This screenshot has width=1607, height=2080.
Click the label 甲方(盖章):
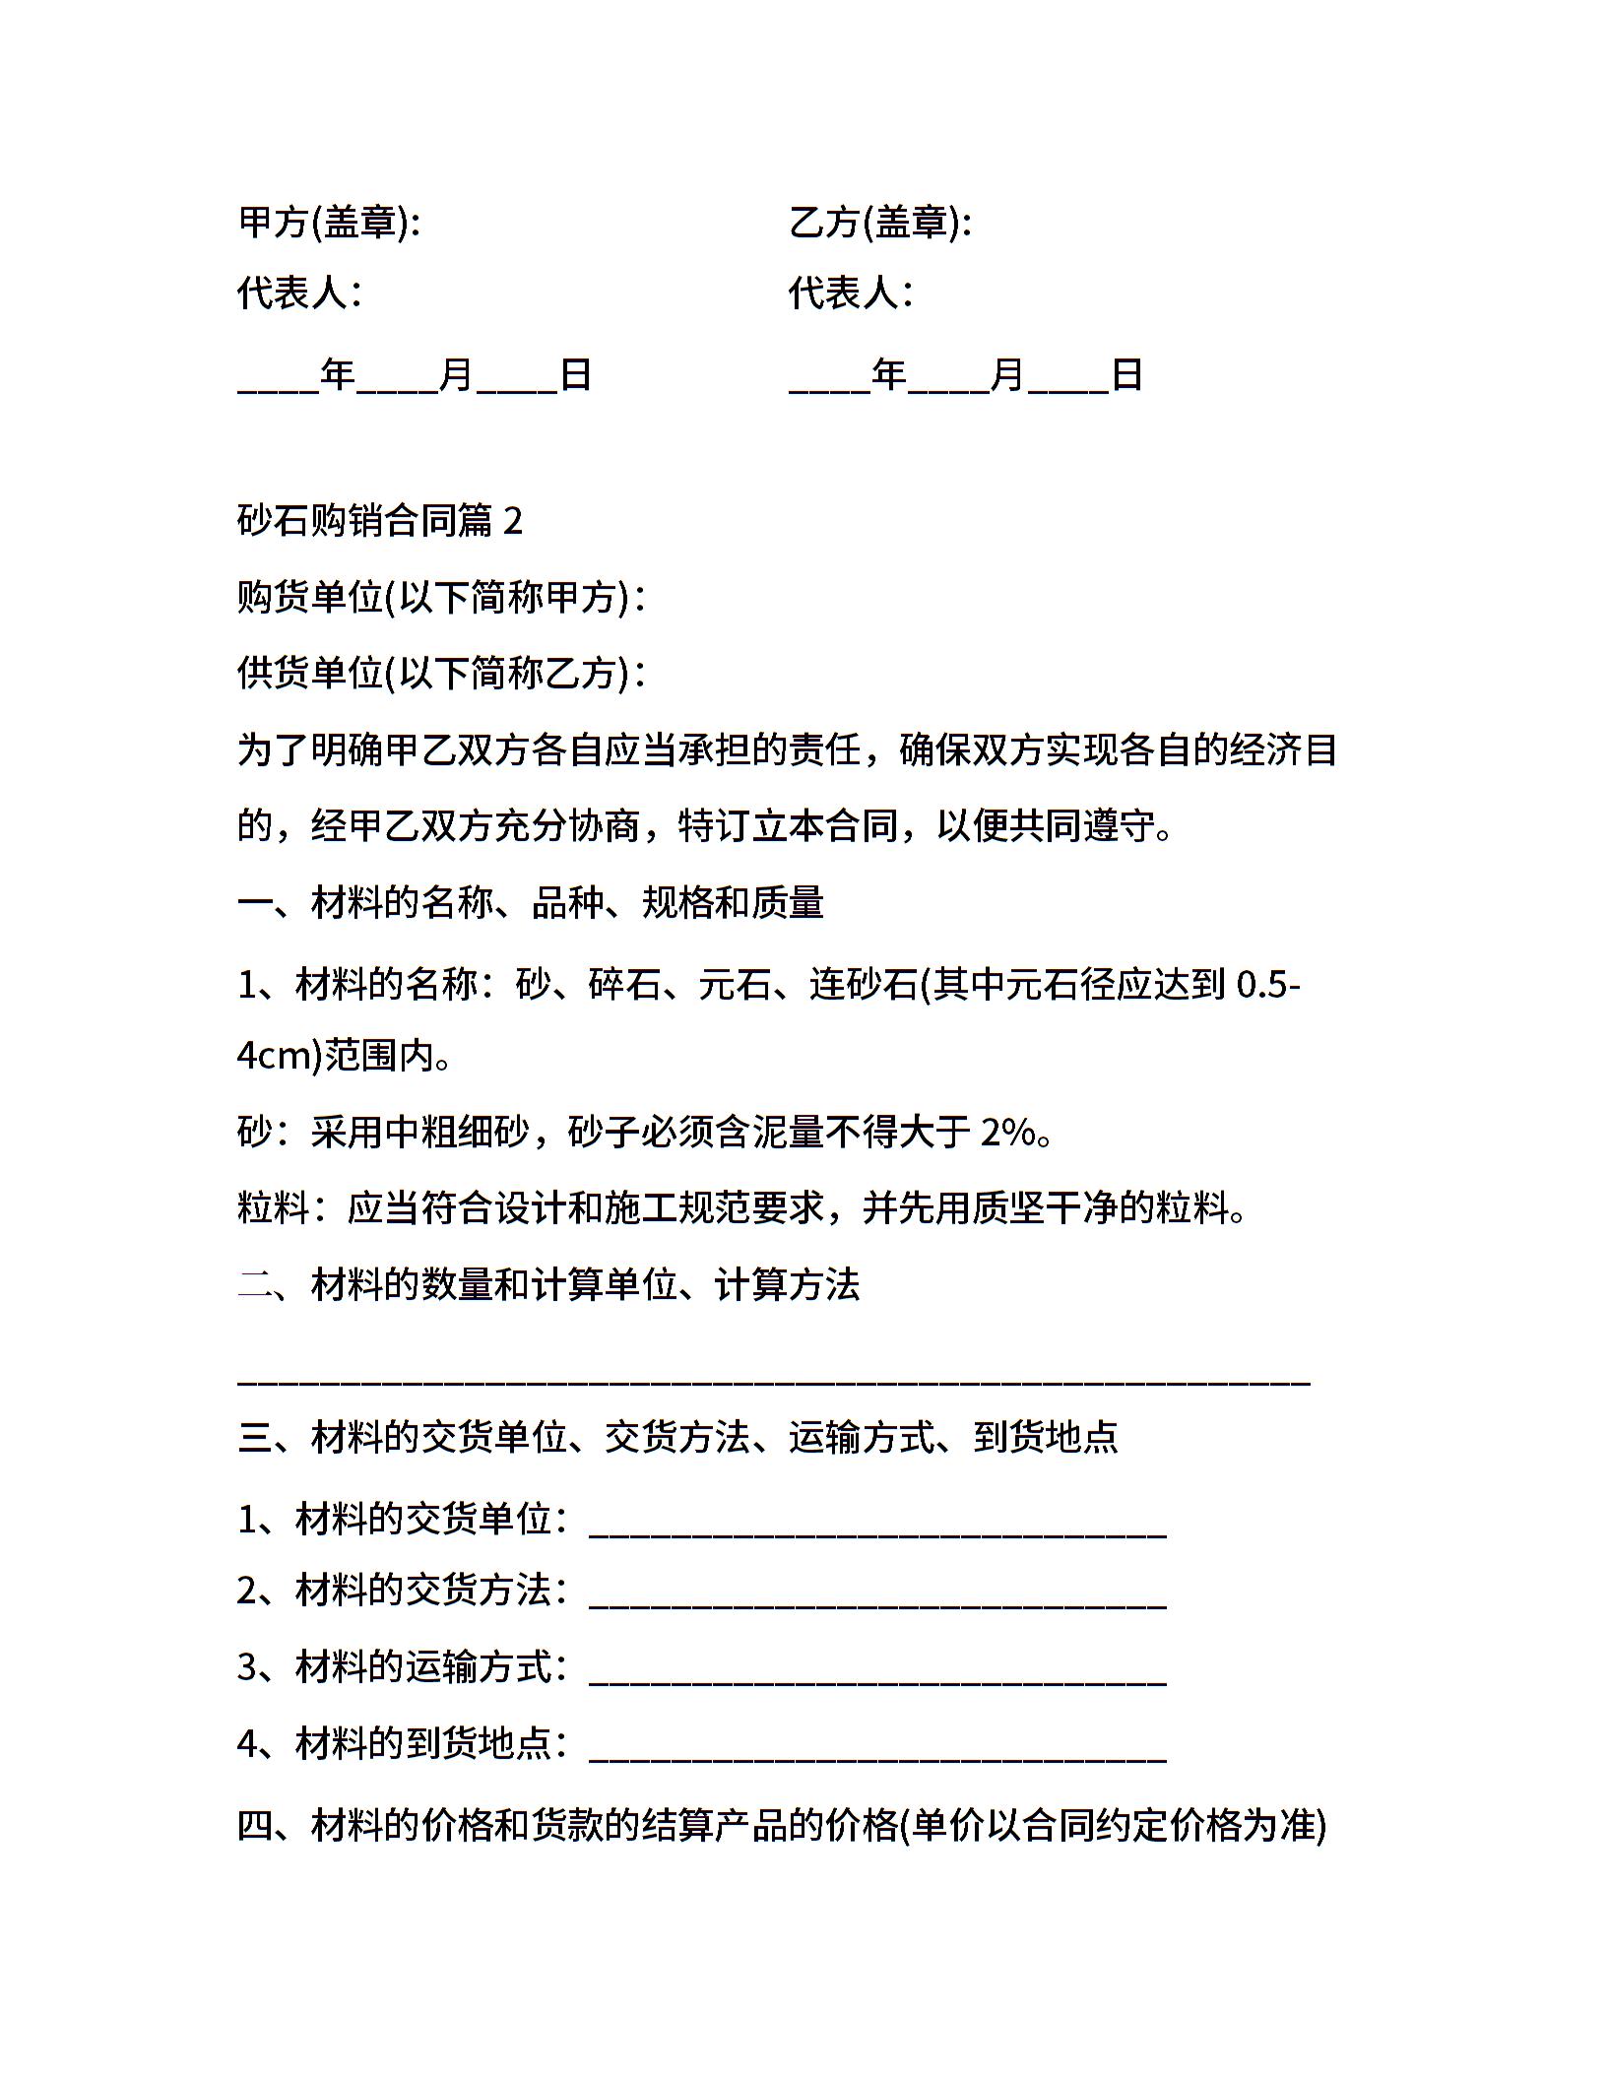point(329,223)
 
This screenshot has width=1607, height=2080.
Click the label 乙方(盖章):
point(879,223)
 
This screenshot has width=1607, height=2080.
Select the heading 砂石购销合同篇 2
point(379,520)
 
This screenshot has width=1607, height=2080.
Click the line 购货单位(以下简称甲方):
point(441,597)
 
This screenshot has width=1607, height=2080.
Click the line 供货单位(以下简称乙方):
point(441,674)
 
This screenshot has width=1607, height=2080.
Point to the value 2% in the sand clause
point(1007,1133)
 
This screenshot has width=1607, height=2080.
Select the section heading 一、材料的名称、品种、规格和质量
point(530,902)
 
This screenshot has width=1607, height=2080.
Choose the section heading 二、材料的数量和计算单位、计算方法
point(548,1284)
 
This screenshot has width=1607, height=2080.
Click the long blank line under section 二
point(773,1379)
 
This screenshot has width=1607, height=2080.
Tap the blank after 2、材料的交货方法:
point(877,1597)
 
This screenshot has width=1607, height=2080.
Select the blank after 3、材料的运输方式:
point(877,1674)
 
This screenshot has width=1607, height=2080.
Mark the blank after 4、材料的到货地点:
point(877,1751)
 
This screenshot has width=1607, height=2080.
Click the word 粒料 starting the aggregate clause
point(273,1207)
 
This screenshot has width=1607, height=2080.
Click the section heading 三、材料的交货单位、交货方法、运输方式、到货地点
point(677,1438)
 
